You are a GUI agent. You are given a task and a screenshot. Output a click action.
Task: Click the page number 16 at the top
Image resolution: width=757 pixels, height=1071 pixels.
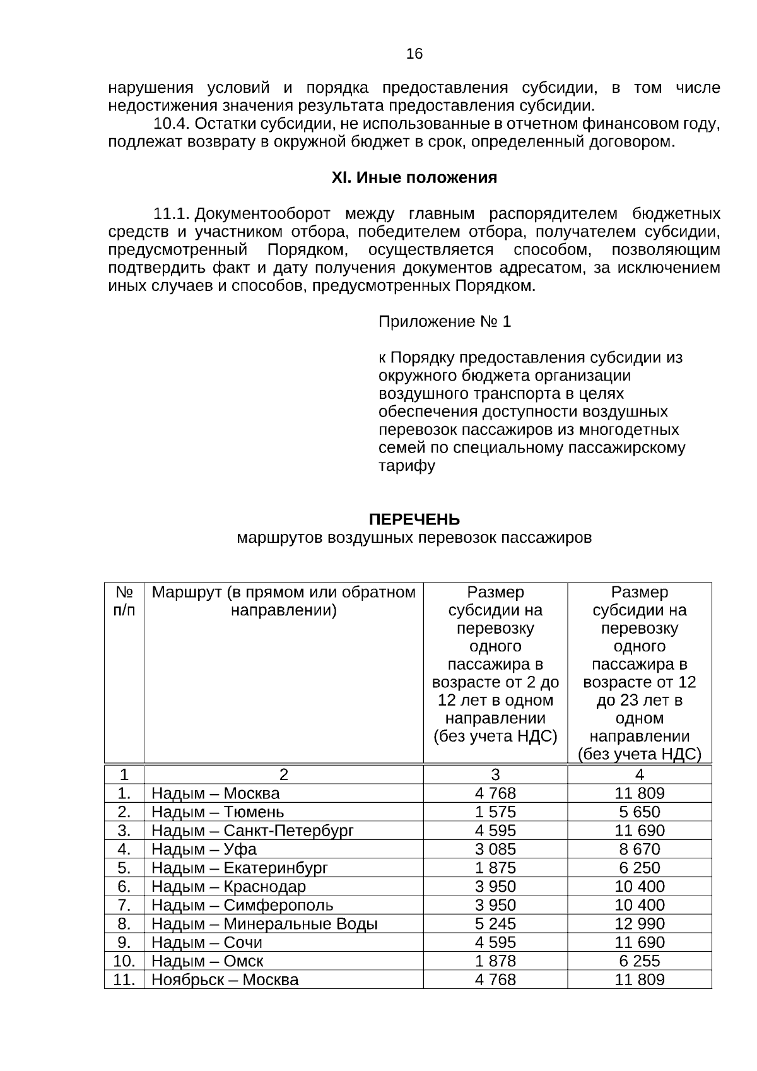click(414, 54)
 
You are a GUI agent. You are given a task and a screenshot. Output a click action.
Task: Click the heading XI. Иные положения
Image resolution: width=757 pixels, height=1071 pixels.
click(414, 178)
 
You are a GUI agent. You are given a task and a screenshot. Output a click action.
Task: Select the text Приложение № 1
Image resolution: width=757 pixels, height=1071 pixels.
click(444, 322)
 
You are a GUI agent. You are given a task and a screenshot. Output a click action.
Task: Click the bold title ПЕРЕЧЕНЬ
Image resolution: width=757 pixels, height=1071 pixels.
click(414, 519)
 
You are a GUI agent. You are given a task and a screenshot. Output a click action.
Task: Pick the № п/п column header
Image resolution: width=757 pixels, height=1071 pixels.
click(124, 601)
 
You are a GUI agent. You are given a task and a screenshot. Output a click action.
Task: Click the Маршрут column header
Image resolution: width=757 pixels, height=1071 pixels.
click(283, 601)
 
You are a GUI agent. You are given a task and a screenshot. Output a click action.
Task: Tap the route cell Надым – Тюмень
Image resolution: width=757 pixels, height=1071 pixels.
click(218, 812)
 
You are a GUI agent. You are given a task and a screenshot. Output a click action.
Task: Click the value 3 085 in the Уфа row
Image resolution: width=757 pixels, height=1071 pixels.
click(495, 849)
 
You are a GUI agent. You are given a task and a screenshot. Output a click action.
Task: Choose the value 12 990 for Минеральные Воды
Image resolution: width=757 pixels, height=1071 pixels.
click(640, 923)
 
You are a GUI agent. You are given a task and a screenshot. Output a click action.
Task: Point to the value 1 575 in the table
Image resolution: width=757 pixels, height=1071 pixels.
click(495, 812)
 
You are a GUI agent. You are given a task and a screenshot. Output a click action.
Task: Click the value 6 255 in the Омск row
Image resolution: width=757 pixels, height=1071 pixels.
click(640, 961)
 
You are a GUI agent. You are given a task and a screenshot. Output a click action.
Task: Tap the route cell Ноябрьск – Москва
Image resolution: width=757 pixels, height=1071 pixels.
click(225, 979)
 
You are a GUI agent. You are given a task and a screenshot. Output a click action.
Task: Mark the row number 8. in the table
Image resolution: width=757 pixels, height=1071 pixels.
click(124, 923)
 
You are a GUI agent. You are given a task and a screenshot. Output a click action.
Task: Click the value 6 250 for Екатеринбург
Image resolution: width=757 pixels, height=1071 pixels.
click(640, 868)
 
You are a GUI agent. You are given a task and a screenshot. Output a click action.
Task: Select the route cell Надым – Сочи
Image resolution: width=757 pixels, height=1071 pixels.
click(206, 942)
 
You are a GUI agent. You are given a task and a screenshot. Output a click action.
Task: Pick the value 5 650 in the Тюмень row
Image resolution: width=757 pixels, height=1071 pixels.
click(640, 812)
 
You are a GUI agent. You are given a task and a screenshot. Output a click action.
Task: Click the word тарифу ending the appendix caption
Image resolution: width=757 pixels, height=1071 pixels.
click(406, 466)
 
